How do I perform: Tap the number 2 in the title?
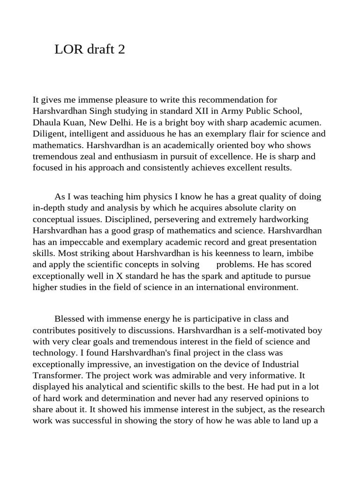coord(122,50)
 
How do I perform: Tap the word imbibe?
coord(303,253)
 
